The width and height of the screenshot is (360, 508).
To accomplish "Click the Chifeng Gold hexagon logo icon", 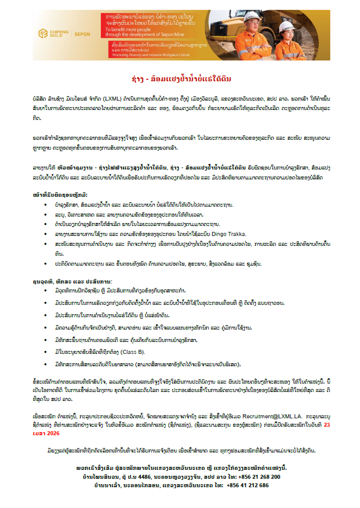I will [44, 34].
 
